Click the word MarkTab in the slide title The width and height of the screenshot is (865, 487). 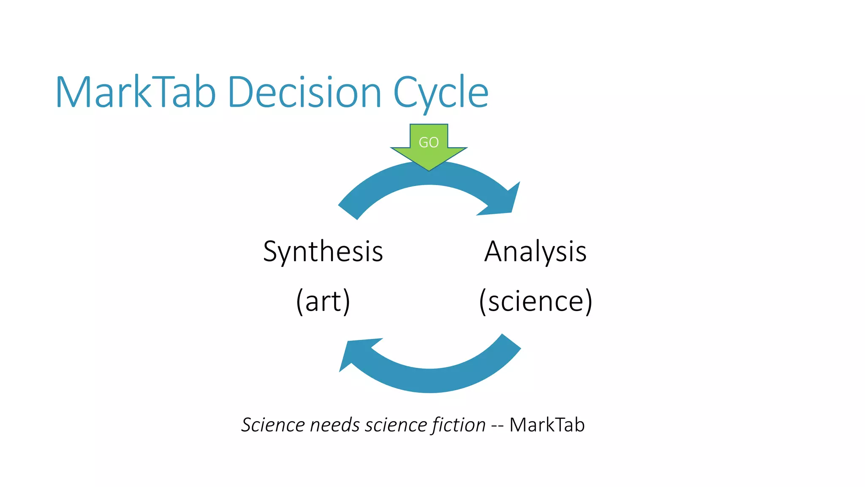136,92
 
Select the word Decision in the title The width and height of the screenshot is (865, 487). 305,92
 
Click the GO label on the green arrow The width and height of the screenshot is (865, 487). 428,142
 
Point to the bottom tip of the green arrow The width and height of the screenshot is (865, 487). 429,170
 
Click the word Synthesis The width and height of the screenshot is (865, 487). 323,252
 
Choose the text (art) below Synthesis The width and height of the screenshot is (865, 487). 323,301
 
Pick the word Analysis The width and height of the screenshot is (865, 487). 535,252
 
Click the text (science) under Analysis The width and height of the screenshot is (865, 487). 535,301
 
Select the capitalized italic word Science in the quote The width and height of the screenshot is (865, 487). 273,425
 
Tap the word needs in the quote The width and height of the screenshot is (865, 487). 335,425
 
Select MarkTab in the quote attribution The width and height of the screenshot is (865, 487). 547,425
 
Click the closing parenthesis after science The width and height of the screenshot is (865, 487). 588,301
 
